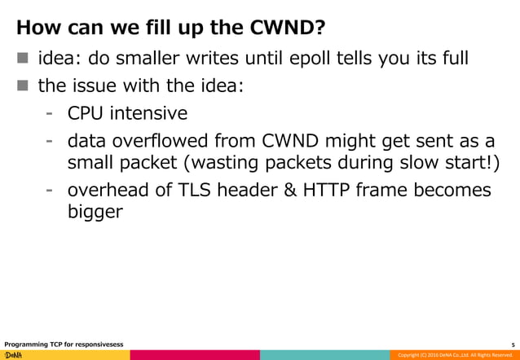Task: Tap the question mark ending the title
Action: [x=323, y=29]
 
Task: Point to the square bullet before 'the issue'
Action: [x=22, y=86]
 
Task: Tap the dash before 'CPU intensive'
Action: [x=50, y=112]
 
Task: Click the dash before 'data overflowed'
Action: [x=50, y=138]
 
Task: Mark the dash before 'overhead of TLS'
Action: [x=50, y=190]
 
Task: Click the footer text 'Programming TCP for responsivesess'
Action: [x=64, y=344]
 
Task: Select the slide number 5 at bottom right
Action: [x=512, y=344]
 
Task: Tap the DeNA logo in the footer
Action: [x=14, y=355]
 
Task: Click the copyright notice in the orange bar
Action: [x=453, y=355]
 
